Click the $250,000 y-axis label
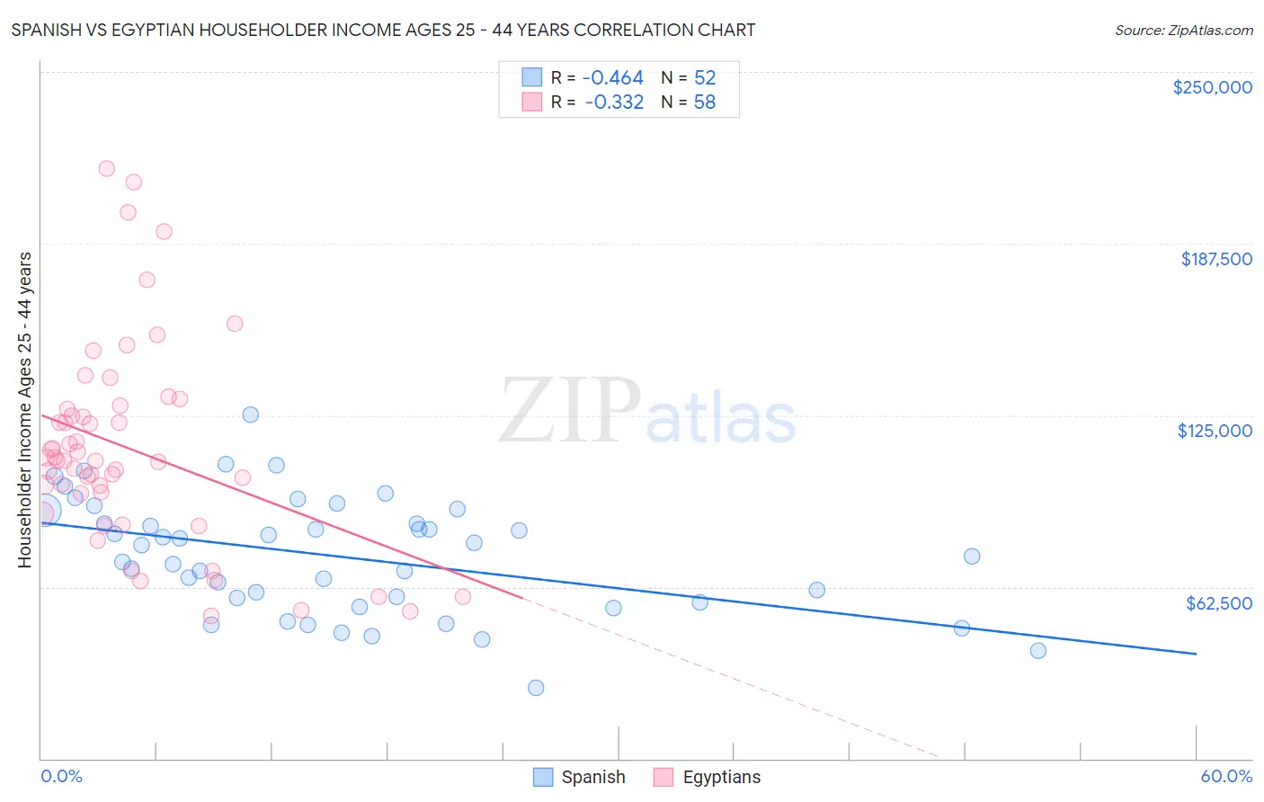click(x=1212, y=87)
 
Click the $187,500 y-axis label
click(x=1215, y=259)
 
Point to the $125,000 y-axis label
click(x=1215, y=431)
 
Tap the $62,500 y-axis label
click(x=1219, y=603)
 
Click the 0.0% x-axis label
click(x=61, y=776)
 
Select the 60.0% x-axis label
click(x=1226, y=776)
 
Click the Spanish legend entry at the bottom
click(x=579, y=777)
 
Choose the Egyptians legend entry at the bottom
click(x=708, y=777)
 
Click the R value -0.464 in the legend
click(x=614, y=77)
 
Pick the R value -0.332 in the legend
click(x=614, y=102)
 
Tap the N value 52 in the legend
click(x=705, y=77)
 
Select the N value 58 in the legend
click(x=705, y=102)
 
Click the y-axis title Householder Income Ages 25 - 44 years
click(x=24, y=409)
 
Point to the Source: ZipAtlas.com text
click(x=1183, y=30)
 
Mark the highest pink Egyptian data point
click(x=106, y=168)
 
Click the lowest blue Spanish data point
click(x=536, y=688)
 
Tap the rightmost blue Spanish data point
click(x=1038, y=651)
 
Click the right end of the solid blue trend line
click(x=1196, y=654)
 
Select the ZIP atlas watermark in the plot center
click(x=647, y=413)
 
